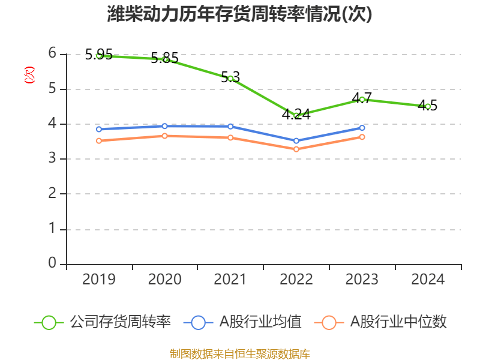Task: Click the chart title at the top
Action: [x=239, y=14]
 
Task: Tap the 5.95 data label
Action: [x=99, y=55]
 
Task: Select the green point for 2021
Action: [x=230, y=79]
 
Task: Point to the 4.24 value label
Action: [x=296, y=113]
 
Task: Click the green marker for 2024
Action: [x=428, y=106]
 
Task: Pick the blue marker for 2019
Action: [x=99, y=129]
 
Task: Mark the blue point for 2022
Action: [x=296, y=141]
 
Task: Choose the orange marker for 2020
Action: [x=164, y=136]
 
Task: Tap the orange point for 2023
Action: [x=362, y=137]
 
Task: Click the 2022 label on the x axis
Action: [x=296, y=280]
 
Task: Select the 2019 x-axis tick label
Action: [x=99, y=280]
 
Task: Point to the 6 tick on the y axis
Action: [x=53, y=53]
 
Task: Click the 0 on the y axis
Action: [x=53, y=263]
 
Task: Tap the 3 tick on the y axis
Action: [x=53, y=159]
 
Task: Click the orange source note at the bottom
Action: [x=239, y=353]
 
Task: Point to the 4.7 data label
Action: [x=362, y=98]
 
